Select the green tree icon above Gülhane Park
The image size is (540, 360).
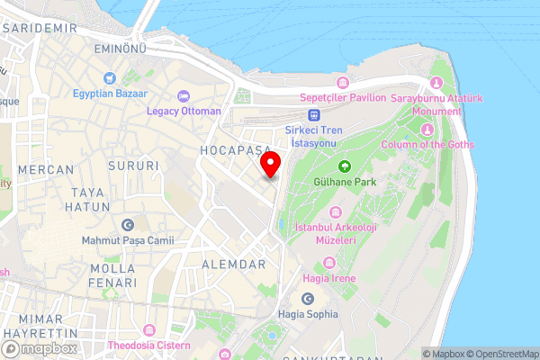[344, 166]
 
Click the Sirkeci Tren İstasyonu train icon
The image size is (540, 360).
[314, 114]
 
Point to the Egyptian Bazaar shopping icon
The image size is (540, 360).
[111, 77]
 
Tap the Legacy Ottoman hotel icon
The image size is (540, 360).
[184, 95]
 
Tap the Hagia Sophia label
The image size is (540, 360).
[308, 314]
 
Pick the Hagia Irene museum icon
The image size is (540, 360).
[328, 263]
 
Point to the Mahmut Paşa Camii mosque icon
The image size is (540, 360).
[127, 224]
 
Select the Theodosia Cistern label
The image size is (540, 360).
[149, 346]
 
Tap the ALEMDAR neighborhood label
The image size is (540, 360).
[234, 264]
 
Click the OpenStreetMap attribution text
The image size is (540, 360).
[499, 354]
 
